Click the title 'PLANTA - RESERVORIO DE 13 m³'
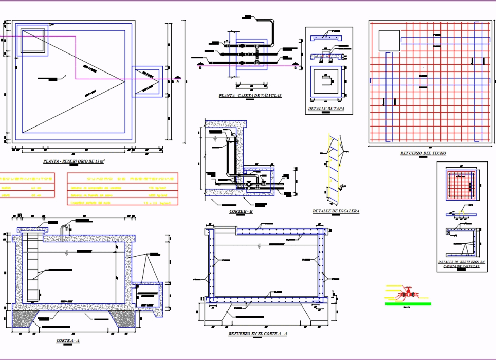pos(74,161)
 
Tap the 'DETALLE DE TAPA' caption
pos(326,109)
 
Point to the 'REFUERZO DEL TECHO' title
pos(423,153)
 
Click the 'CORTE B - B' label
pos(241,211)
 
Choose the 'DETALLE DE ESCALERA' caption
pos(336,211)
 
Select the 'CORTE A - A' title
pos(68,340)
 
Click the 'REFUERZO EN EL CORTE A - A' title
pos(258,334)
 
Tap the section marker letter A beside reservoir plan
pos(178,81)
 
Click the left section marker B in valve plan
pos(199,67)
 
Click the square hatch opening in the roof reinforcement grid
pos(389,41)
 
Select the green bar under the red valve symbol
pos(408,304)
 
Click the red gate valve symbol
pos(409,293)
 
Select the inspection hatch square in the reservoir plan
pos(33,42)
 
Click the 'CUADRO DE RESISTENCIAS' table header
pos(122,178)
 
